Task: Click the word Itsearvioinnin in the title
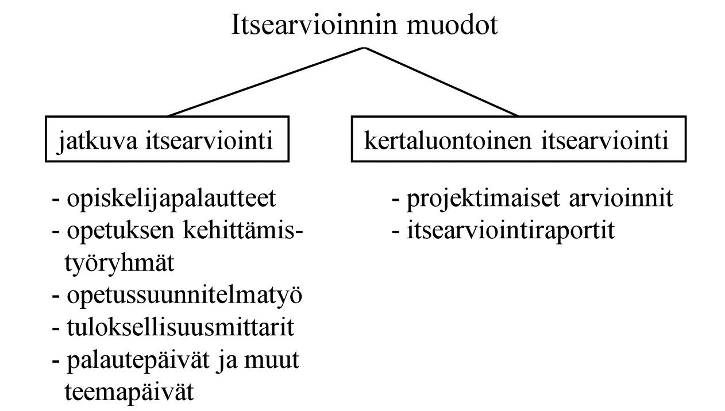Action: tap(314, 25)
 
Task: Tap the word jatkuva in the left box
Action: tap(97, 142)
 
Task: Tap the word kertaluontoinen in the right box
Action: tap(448, 140)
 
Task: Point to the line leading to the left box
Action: tap(265, 82)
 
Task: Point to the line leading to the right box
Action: tap(441, 82)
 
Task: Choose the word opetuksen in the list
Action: tap(121, 231)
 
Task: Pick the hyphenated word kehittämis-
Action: tap(243, 230)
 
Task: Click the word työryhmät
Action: tap(119, 264)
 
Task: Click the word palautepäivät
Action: tap(138, 361)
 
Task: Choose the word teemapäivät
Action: tap(129, 393)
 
